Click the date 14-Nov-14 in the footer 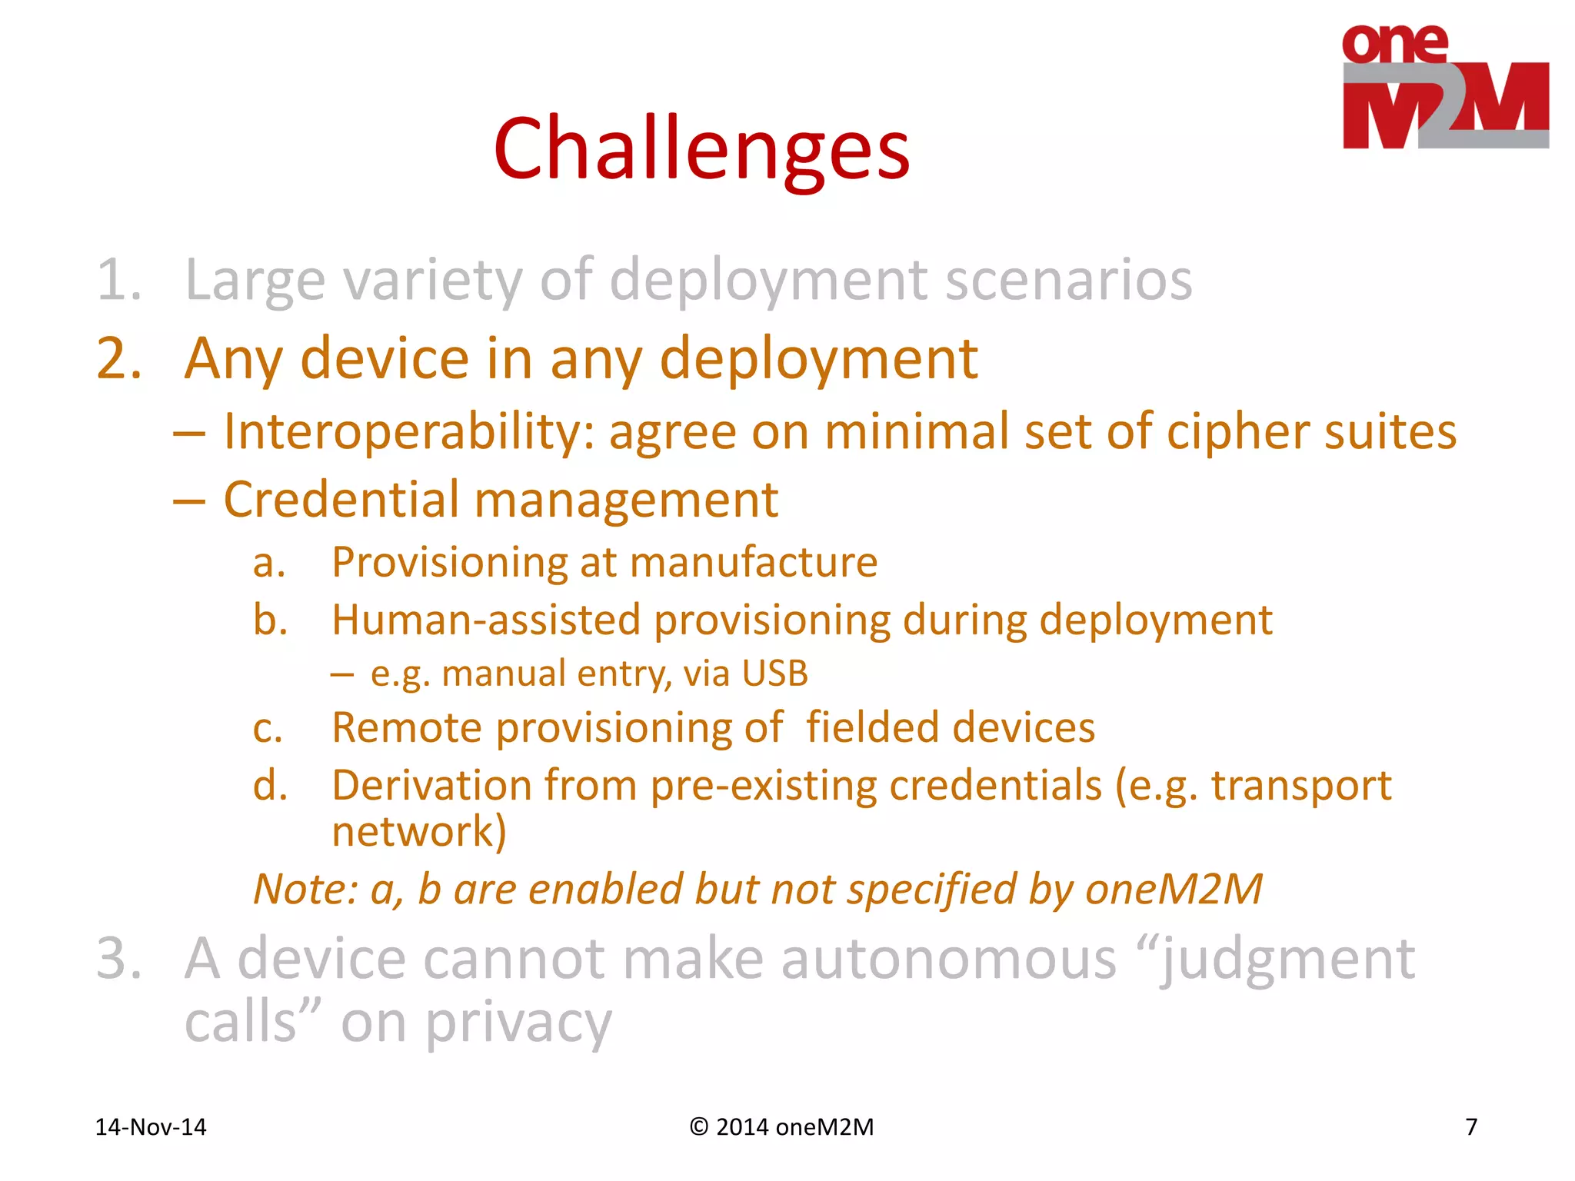pyautogui.click(x=151, y=1127)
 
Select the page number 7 pyautogui.click(x=1470, y=1127)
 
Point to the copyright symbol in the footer pyautogui.click(x=698, y=1127)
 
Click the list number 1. pyautogui.click(x=118, y=280)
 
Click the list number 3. pyautogui.click(x=118, y=959)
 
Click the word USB pyautogui.click(x=775, y=674)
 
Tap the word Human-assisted pyautogui.click(x=486, y=620)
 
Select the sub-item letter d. pyautogui.click(x=270, y=786)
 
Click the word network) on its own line pyautogui.click(x=419, y=832)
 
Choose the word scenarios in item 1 pyautogui.click(x=1068, y=280)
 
